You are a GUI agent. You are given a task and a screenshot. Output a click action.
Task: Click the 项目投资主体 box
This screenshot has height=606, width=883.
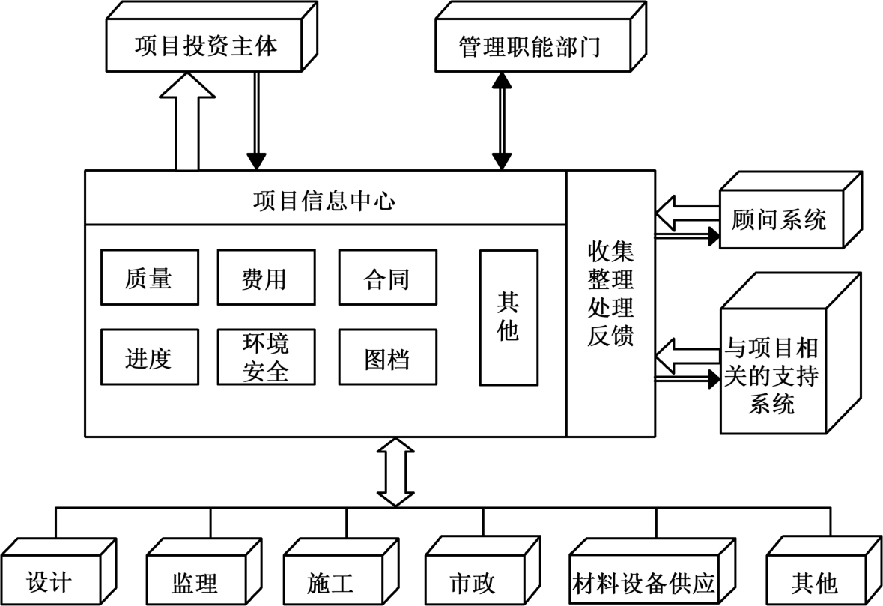(x=206, y=46)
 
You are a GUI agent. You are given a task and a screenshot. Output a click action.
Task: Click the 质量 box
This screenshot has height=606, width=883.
(x=148, y=278)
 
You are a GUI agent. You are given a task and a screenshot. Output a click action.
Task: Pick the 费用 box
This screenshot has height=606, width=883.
(x=264, y=278)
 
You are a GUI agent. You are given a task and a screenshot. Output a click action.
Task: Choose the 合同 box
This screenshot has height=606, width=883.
(x=386, y=278)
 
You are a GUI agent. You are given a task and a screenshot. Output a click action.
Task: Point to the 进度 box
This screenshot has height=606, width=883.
(x=148, y=357)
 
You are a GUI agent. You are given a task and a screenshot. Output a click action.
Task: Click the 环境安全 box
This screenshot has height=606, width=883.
(x=264, y=357)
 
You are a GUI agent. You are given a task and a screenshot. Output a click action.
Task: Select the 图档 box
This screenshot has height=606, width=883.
(x=386, y=357)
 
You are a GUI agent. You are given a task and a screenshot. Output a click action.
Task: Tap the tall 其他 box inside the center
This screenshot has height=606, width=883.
(x=508, y=318)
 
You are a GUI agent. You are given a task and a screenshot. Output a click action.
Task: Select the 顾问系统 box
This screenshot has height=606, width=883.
(x=780, y=219)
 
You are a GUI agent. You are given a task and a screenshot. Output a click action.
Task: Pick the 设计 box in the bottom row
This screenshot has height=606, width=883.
(x=49, y=582)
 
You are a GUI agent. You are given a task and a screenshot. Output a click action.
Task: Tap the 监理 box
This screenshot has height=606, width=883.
(x=195, y=582)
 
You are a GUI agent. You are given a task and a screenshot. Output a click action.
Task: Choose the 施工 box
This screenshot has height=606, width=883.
(x=330, y=582)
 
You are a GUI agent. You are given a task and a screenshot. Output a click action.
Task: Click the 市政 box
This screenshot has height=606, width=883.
(x=473, y=582)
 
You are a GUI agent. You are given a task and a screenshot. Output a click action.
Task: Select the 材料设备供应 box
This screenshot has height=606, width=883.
(x=645, y=582)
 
